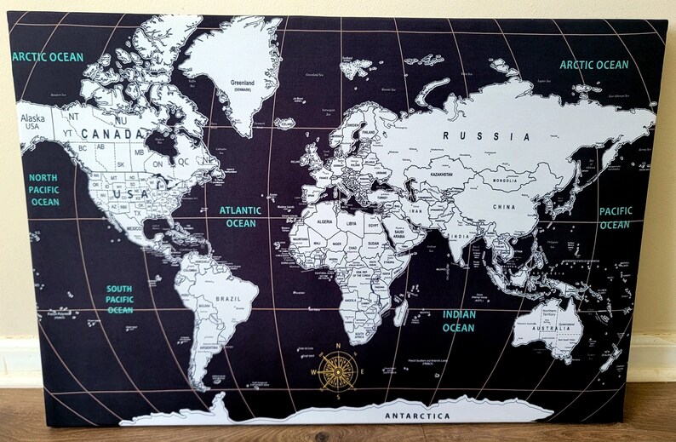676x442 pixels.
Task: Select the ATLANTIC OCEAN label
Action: (240, 216)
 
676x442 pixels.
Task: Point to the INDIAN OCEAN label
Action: (458, 321)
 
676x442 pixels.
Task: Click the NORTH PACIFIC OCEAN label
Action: (44, 188)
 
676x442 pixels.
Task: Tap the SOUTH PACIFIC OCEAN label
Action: (119, 300)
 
